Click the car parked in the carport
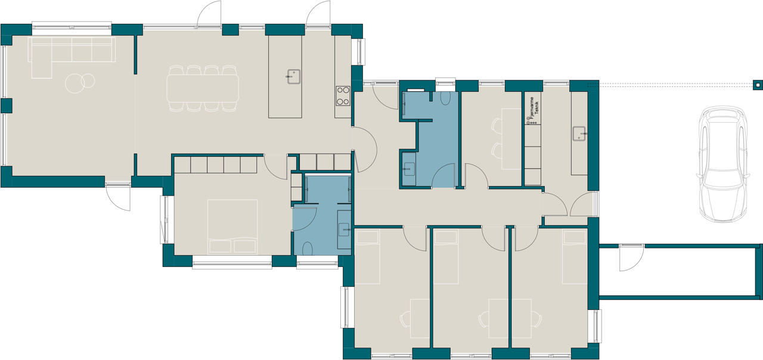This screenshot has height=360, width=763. [723, 164]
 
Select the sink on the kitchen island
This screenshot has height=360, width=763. [293, 77]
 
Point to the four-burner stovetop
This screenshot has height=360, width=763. [343, 96]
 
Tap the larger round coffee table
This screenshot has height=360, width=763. [75, 83]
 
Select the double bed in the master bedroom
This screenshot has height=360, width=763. [232, 227]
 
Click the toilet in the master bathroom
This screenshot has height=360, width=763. [308, 249]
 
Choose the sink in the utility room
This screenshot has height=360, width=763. [579, 134]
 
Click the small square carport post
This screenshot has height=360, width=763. [757, 85]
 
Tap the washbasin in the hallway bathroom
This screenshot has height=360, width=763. [410, 169]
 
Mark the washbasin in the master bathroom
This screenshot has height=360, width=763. [344, 230]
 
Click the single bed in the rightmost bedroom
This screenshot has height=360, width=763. [575, 257]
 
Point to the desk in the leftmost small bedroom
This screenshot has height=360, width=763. [420, 318]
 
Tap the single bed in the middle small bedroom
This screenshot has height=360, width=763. [446, 257]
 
